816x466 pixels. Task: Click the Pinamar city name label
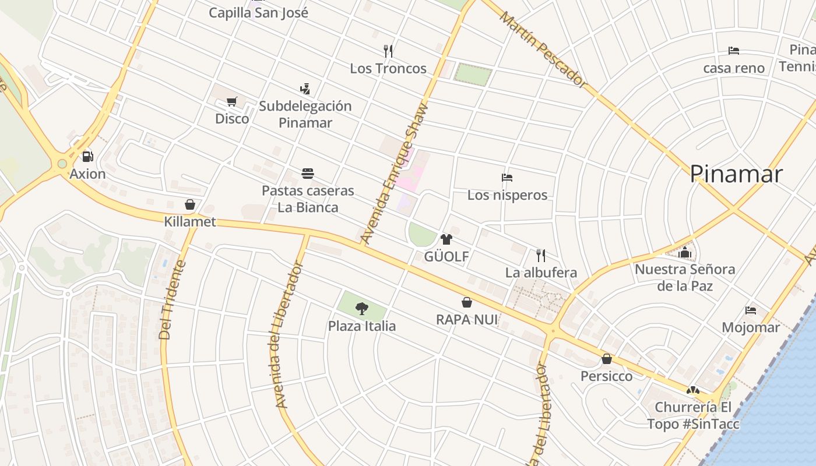736,174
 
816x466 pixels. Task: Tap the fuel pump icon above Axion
87,156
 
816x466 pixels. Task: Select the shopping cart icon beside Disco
231,102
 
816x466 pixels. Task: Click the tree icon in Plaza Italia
362,308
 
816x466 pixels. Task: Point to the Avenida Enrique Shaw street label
395,173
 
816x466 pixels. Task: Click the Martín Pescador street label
543,50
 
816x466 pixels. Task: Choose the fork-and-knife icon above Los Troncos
389,51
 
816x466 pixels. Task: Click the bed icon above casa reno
734,51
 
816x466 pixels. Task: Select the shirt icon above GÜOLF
446,239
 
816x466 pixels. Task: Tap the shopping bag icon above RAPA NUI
467,302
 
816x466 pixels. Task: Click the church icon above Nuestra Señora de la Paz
685,252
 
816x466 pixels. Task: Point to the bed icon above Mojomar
751,310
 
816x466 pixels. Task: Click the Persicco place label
606,376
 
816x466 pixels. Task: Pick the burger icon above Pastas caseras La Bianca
308,173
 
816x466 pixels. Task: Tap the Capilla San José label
258,12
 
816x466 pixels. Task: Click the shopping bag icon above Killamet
189,204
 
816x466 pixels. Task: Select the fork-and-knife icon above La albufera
541,255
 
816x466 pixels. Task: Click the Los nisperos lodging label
507,195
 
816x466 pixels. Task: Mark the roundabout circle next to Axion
62,164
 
